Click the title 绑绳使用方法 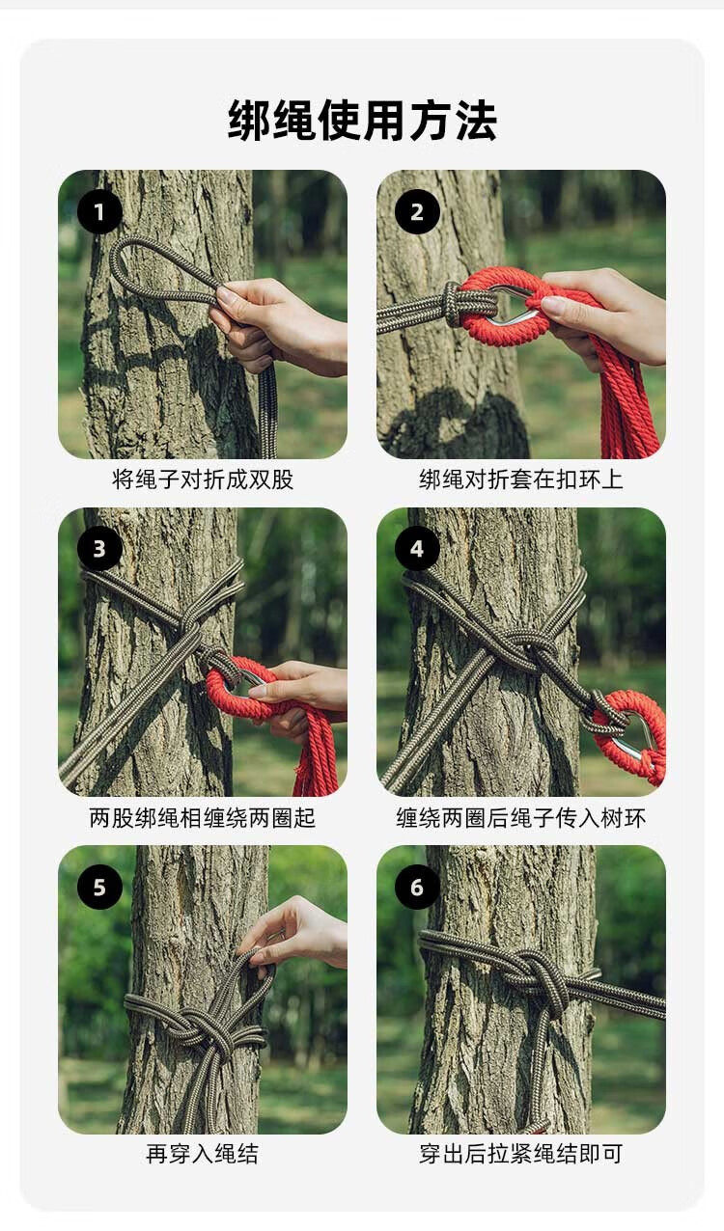362,121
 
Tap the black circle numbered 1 99,211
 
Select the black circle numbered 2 417,211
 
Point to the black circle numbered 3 99,549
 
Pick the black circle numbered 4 417,549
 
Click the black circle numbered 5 99,887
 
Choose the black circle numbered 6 417,887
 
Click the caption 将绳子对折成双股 203,479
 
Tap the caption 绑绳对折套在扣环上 520,479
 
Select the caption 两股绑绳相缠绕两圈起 203,818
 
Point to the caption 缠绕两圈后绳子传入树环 520,818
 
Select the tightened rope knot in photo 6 536,977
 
